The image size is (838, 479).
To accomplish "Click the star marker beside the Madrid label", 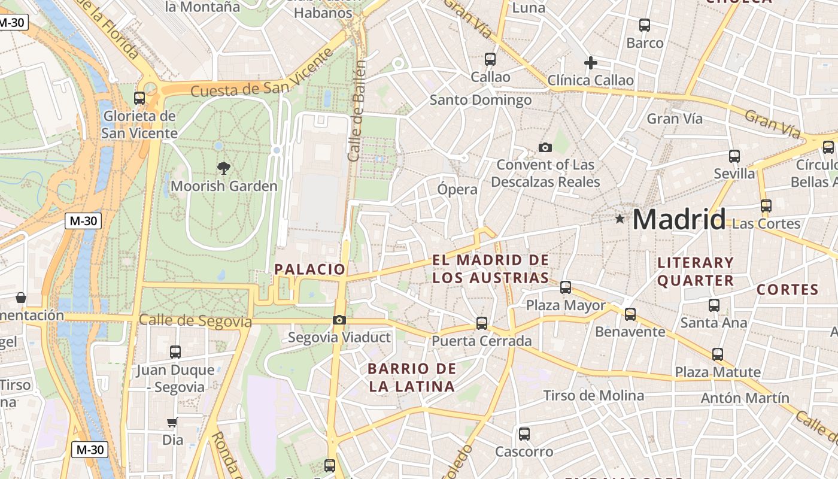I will (620, 219).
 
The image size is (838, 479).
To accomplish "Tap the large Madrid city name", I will (679, 219).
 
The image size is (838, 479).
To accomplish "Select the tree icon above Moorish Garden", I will (224, 168).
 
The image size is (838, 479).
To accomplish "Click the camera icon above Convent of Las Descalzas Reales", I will (545, 147).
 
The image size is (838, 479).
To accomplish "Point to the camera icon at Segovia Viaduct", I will (339, 320).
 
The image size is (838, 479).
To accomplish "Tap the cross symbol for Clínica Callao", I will (591, 62).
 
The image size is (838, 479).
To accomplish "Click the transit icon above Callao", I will (490, 59).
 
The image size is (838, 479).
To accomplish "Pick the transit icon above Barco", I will (645, 25).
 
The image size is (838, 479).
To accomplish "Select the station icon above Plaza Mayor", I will (566, 287).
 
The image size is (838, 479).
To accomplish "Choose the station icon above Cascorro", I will (524, 434).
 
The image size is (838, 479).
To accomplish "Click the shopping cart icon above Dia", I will (172, 423).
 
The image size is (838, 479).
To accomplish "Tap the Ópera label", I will (457, 189).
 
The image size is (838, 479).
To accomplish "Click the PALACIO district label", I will (310, 269).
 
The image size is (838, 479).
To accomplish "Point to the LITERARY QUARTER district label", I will (696, 271).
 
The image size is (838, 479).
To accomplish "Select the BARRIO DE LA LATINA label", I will (412, 377).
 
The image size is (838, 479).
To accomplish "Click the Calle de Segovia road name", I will (195, 320).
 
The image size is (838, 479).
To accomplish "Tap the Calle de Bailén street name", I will (357, 110).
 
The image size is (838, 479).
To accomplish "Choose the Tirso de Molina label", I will (593, 395).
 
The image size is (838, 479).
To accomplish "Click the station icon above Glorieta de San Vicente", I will (139, 98).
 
